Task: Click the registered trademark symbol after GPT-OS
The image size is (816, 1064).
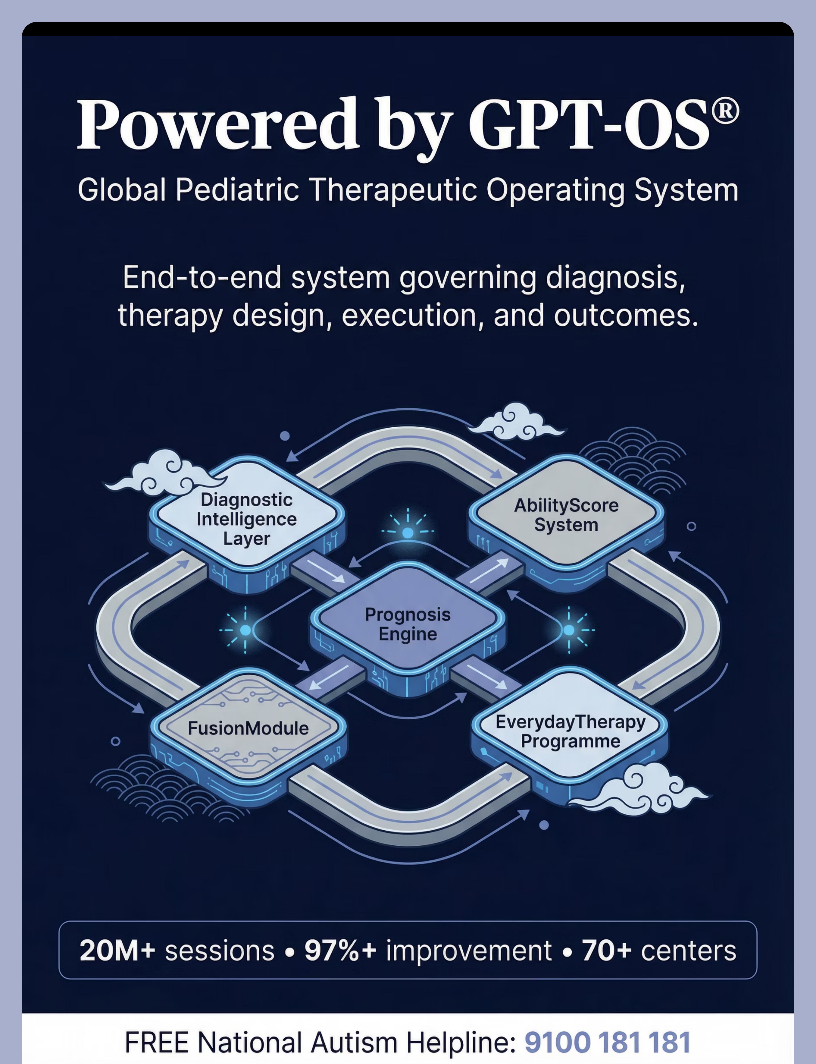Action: pyautogui.click(x=725, y=111)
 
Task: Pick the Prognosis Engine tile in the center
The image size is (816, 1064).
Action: pyautogui.click(x=408, y=624)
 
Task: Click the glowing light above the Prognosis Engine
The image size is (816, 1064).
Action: pyautogui.click(x=408, y=533)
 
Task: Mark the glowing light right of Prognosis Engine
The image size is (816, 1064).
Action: pyautogui.click(x=569, y=630)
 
